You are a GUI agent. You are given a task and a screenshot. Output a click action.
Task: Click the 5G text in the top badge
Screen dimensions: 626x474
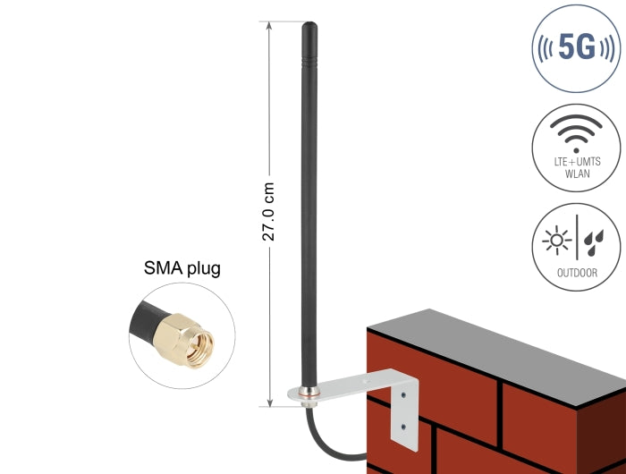pyautogui.click(x=577, y=47)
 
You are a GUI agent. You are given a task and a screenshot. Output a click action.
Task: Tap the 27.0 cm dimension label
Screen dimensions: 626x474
pyautogui.click(x=268, y=212)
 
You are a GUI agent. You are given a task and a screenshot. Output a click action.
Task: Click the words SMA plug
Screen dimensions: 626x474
pyautogui.click(x=182, y=268)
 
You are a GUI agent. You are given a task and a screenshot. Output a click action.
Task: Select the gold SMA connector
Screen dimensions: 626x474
pyautogui.click(x=183, y=340)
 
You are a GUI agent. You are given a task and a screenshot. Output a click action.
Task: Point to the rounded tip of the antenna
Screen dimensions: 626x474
pyautogui.click(x=309, y=25)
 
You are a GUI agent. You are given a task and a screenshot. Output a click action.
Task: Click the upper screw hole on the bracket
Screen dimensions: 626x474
pyautogui.click(x=403, y=395)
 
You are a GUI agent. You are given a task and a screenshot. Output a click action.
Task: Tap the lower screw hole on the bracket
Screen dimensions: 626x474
pyautogui.click(x=403, y=427)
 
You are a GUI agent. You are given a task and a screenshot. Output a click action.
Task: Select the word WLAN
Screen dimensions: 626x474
pyautogui.click(x=578, y=174)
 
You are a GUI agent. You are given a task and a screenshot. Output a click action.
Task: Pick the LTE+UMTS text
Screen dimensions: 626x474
pyautogui.click(x=578, y=162)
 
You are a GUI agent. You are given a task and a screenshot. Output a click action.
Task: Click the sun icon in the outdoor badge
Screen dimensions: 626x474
pyautogui.click(x=556, y=241)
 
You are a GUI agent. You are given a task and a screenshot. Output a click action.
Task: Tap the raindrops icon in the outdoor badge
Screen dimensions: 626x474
pyautogui.click(x=594, y=242)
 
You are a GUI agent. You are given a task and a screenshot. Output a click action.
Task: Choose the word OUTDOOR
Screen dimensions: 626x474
pyautogui.click(x=578, y=273)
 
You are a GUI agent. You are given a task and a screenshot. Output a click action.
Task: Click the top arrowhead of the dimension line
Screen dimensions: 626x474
pyautogui.click(x=269, y=26)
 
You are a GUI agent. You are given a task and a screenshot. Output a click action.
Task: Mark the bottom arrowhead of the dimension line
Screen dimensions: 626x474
pyautogui.click(x=270, y=402)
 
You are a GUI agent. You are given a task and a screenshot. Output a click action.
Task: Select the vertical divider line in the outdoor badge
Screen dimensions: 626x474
pyautogui.click(x=577, y=238)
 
